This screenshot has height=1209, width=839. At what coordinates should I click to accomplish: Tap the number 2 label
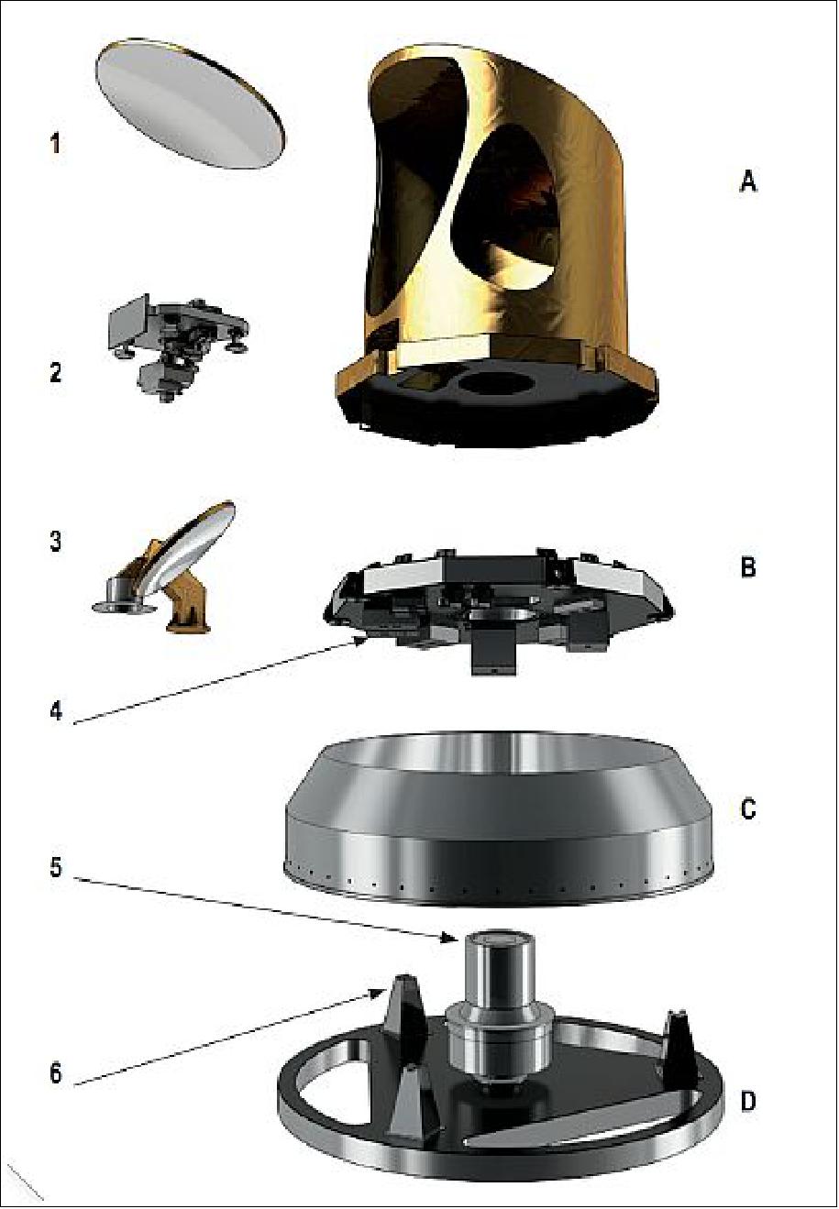(56, 372)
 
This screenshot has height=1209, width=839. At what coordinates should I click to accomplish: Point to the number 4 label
(56, 711)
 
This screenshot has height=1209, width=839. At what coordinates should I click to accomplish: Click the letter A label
(747, 182)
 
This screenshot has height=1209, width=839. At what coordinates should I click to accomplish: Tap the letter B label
(747, 567)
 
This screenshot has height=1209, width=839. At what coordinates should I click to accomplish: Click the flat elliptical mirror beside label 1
(190, 103)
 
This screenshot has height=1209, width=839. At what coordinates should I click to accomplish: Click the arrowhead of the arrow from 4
(360, 639)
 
